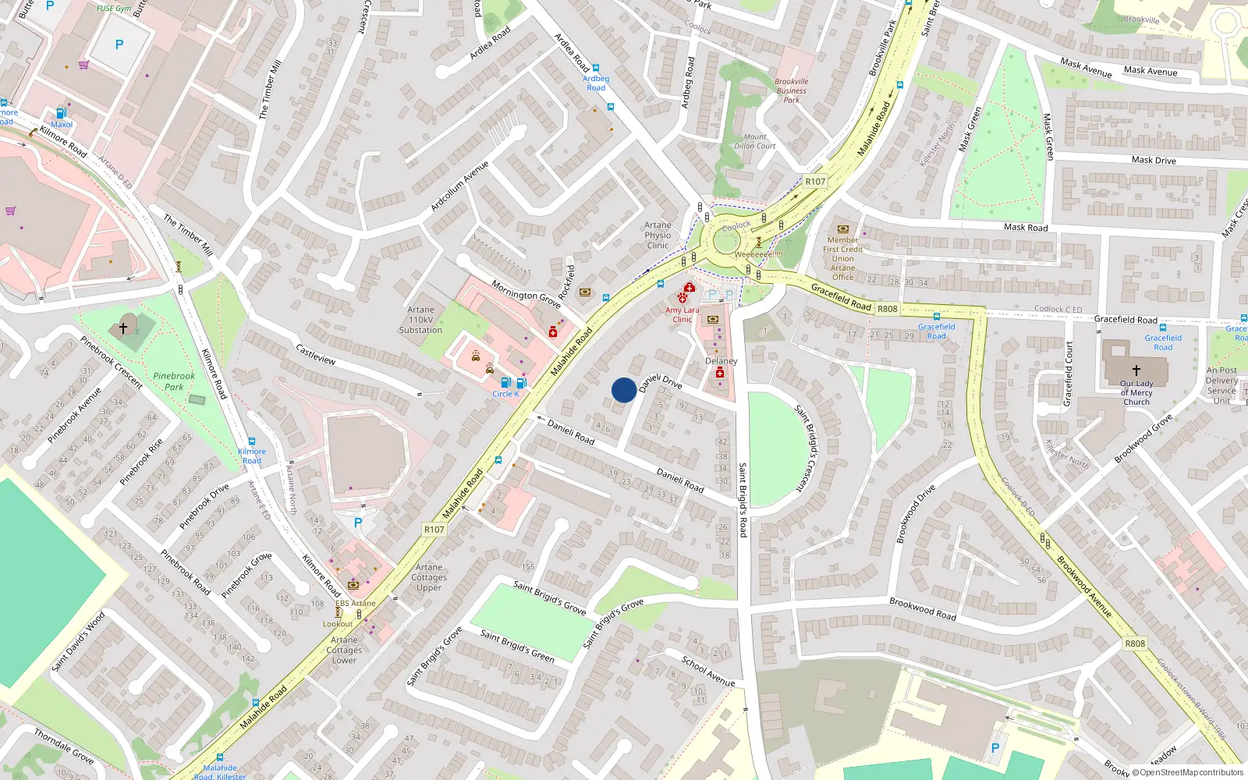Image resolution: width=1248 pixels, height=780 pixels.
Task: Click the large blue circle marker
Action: click(624, 390)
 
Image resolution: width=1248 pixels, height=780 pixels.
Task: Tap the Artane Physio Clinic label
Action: click(658, 235)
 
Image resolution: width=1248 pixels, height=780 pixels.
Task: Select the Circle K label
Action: click(505, 394)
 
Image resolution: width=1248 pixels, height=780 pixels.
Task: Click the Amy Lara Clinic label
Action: click(682, 314)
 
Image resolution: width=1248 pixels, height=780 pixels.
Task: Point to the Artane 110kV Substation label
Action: click(420, 320)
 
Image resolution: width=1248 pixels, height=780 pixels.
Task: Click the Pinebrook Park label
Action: click(174, 381)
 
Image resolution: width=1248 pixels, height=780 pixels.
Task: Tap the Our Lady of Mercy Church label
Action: click(1136, 392)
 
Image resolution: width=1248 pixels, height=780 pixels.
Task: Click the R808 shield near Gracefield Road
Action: click(887, 309)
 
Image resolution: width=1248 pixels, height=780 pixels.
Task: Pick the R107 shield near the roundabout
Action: click(815, 182)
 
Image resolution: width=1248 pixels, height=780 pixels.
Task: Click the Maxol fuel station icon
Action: click(62, 113)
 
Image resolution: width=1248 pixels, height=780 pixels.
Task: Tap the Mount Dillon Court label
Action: click(755, 141)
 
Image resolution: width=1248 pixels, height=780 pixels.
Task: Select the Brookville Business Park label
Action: click(792, 90)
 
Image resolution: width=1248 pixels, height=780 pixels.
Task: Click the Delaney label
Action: click(721, 361)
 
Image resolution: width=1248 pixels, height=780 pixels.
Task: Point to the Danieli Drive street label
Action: click(661, 381)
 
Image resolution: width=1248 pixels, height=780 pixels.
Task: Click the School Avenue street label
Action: click(708, 672)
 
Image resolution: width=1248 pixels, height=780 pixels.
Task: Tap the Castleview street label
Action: click(316, 354)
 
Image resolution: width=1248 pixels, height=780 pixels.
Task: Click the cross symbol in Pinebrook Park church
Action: click(122, 328)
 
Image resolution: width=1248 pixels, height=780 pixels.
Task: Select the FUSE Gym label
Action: click(114, 9)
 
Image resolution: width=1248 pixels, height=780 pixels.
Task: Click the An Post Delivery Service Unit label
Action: click(1221, 385)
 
